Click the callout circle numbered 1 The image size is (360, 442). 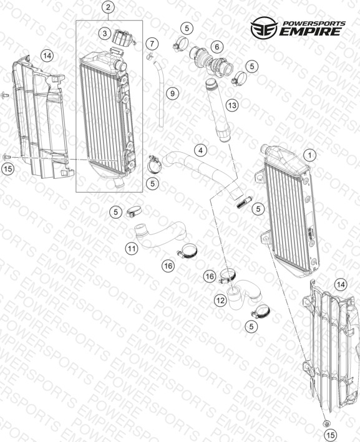click(x=310, y=155)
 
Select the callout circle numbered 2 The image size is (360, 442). click(x=109, y=7)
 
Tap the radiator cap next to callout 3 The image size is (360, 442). click(x=123, y=37)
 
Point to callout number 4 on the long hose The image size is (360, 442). click(x=201, y=150)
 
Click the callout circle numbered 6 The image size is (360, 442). click(x=217, y=47)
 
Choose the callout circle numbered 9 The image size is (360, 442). click(x=172, y=93)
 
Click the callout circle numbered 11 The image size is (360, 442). click(x=132, y=248)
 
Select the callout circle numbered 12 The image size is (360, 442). click(x=220, y=300)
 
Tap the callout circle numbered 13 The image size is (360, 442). click(x=232, y=105)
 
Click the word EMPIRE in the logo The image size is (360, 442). click(x=311, y=31)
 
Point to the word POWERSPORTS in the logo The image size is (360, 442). click(x=314, y=24)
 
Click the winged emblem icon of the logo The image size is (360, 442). click(x=264, y=27)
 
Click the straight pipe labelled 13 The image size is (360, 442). click(x=218, y=111)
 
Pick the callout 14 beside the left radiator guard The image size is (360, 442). click(x=47, y=56)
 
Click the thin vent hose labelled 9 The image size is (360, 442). click(x=160, y=94)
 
